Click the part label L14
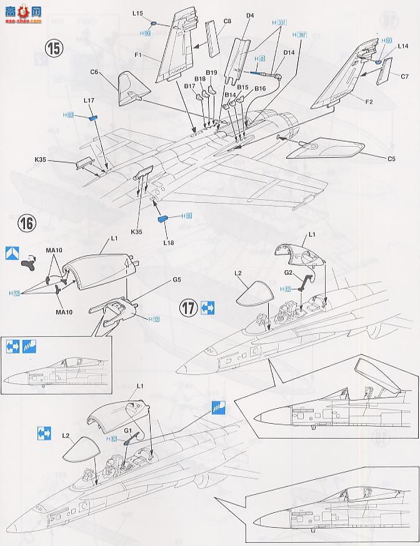click(402, 46)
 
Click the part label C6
click(94, 72)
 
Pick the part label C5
click(391, 159)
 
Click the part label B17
click(190, 86)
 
